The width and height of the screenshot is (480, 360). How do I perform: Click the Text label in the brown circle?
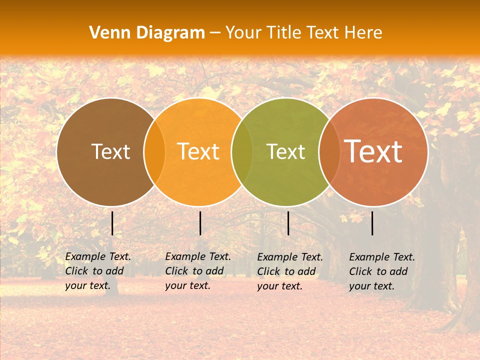[110, 151]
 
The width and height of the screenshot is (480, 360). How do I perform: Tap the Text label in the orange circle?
[198, 151]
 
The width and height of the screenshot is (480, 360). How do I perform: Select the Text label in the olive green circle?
[285, 151]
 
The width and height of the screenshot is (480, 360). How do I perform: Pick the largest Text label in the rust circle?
[373, 151]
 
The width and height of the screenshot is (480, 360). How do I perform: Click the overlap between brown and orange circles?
[154, 152]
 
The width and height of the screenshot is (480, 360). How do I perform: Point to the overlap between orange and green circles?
[242, 152]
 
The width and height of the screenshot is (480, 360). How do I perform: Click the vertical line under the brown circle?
[112, 223]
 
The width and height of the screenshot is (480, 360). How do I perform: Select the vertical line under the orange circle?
[200, 223]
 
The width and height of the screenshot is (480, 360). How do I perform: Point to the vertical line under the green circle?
[288, 223]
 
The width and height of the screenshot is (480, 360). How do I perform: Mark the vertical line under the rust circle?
[372, 223]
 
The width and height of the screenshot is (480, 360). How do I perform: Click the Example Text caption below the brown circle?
[98, 271]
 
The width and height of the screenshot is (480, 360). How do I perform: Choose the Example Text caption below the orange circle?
[198, 271]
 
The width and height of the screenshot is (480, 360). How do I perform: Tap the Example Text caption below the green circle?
[290, 271]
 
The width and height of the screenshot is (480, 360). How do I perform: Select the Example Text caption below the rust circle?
[382, 271]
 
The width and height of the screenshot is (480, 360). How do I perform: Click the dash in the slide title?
[215, 33]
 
